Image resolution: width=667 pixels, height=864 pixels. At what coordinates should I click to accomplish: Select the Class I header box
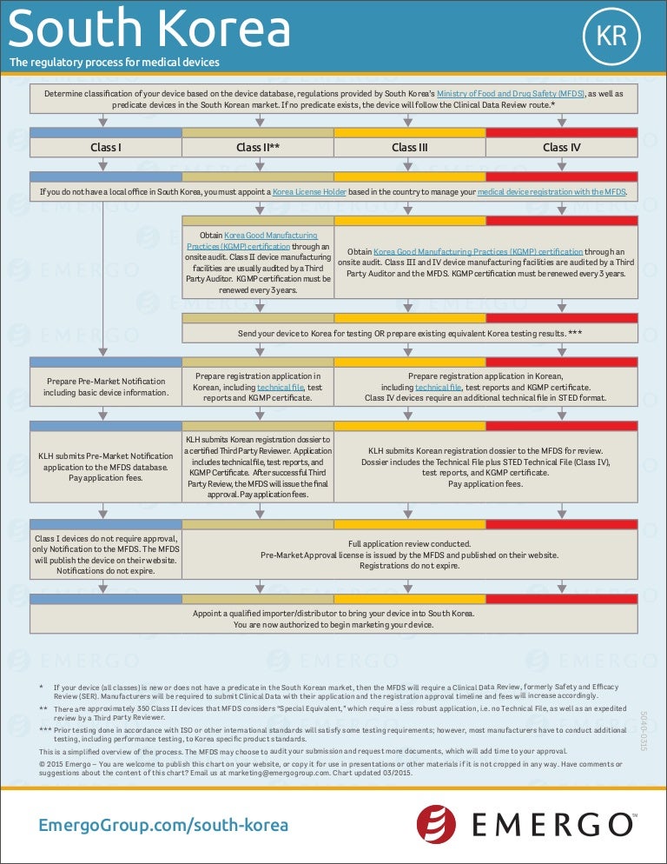106,147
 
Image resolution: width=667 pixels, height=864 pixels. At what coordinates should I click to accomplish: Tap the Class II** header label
258,147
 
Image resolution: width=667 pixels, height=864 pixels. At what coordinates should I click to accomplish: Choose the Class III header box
410,147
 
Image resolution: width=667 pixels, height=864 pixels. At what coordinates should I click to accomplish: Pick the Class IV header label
561,147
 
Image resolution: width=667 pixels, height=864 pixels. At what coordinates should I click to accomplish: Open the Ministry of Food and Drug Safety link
511,92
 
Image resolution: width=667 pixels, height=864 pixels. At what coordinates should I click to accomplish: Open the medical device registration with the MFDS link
551,191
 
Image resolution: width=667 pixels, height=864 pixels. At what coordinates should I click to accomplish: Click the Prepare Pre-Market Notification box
106,387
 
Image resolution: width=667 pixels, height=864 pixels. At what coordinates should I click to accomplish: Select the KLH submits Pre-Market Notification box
106,467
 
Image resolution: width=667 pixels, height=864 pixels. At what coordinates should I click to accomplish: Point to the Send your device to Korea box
410,334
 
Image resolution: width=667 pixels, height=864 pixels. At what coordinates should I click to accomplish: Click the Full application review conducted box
410,555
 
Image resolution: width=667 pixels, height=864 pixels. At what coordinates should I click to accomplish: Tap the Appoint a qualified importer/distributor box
333,618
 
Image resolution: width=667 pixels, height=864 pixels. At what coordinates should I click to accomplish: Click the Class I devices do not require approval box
106,555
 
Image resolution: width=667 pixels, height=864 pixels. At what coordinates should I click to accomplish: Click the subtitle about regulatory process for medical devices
114,63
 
